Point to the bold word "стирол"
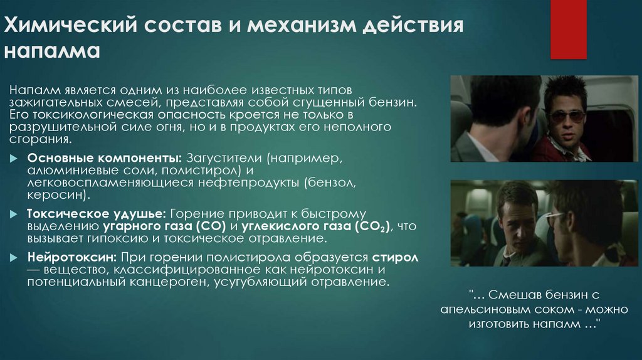(x=395, y=258)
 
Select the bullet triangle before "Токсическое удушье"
(x=15, y=214)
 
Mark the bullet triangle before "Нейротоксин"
(x=15, y=258)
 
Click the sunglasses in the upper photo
(x=567, y=116)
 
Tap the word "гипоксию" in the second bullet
(x=107, y=240)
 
